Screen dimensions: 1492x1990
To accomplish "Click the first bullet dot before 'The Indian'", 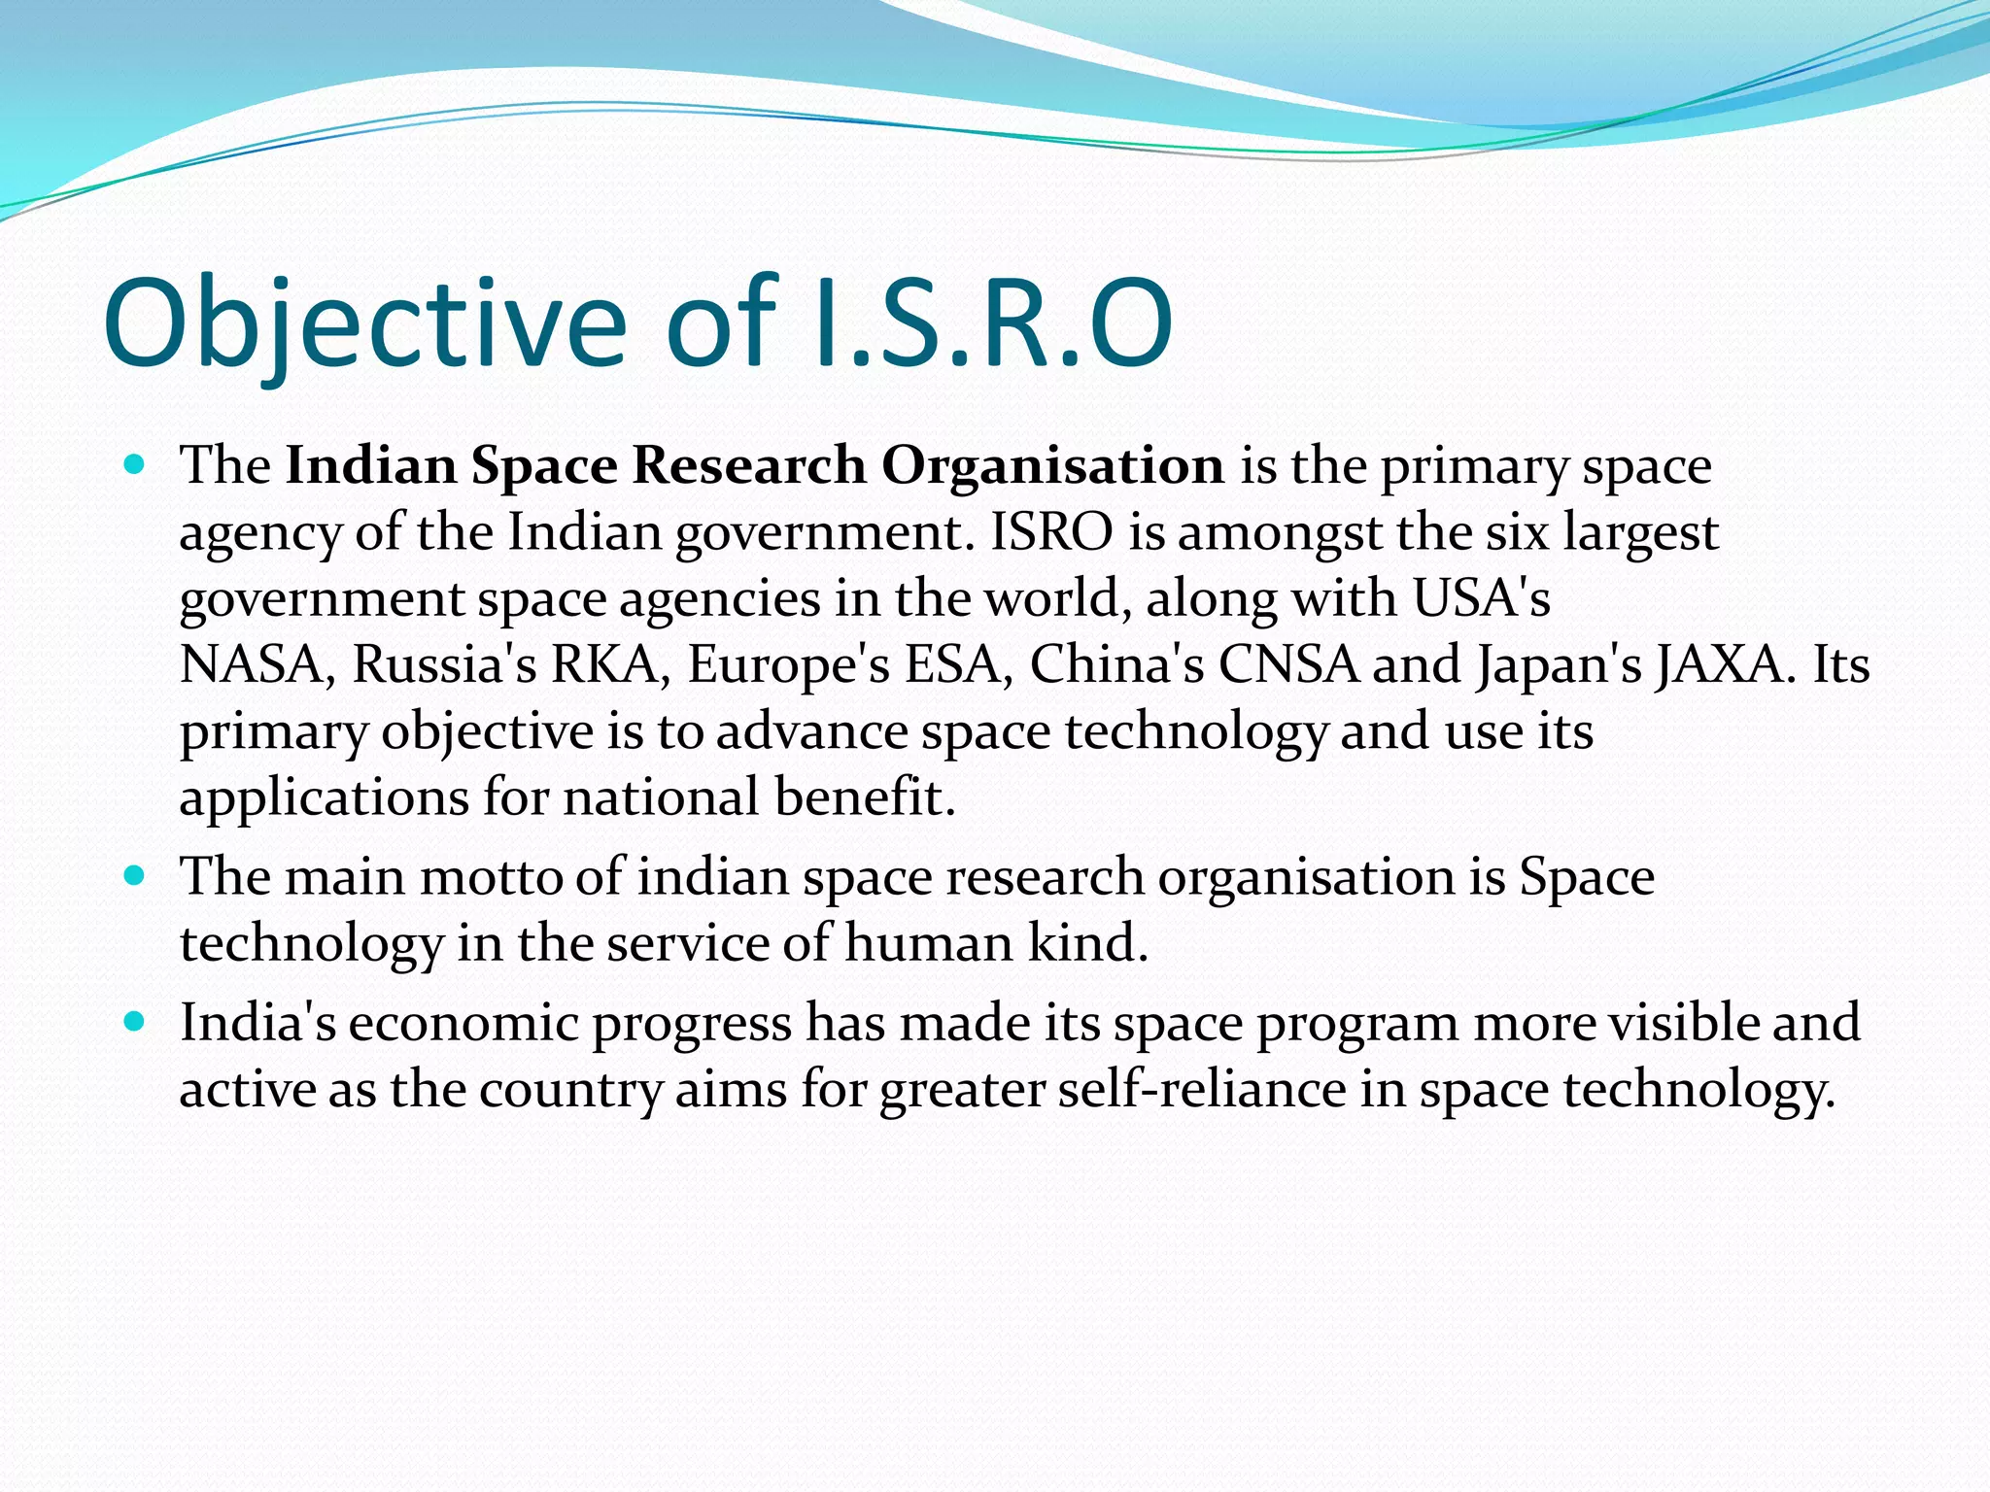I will coord(135,465).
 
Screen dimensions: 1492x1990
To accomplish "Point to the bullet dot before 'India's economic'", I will coord(135,1023).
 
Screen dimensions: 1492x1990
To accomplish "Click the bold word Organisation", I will coord(1052,465).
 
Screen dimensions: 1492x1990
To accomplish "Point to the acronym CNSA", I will coord(1288,665).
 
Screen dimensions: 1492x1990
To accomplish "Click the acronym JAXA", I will coord(1724,665).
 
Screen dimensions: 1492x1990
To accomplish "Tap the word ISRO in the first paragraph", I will coord(1051,532).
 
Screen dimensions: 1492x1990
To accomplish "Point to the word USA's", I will coord(1481,598).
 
